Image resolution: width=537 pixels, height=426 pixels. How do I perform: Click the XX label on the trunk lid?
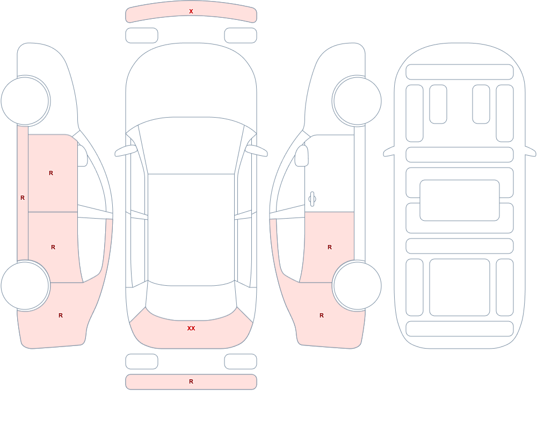[191, 328]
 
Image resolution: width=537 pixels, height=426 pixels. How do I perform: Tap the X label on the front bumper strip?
[191, 11]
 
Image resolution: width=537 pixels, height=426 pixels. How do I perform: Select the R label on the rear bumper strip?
[191, 381]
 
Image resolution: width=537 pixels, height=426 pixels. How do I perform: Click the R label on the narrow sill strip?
[23, 198]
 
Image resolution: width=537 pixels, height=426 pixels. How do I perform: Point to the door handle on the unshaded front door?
[312, 199]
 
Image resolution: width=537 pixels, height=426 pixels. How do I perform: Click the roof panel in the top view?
[191, 229]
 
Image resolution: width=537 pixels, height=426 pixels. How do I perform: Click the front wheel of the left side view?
[25, 101]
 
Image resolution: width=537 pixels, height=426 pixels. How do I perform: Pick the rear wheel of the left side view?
[25, 285]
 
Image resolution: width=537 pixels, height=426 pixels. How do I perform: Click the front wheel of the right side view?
[357, 101]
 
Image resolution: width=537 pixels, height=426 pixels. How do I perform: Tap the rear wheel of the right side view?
[357, 285]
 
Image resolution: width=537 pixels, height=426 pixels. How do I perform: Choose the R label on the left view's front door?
[51, 173]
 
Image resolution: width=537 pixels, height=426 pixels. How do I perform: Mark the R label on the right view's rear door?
[330, 247]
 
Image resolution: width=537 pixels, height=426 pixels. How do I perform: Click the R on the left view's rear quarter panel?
[61, 315]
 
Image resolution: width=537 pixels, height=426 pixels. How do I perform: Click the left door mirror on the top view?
[125, 151]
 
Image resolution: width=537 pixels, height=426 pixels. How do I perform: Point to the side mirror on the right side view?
[302, 156]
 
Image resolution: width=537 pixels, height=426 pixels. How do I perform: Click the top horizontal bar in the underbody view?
[460, 72]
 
